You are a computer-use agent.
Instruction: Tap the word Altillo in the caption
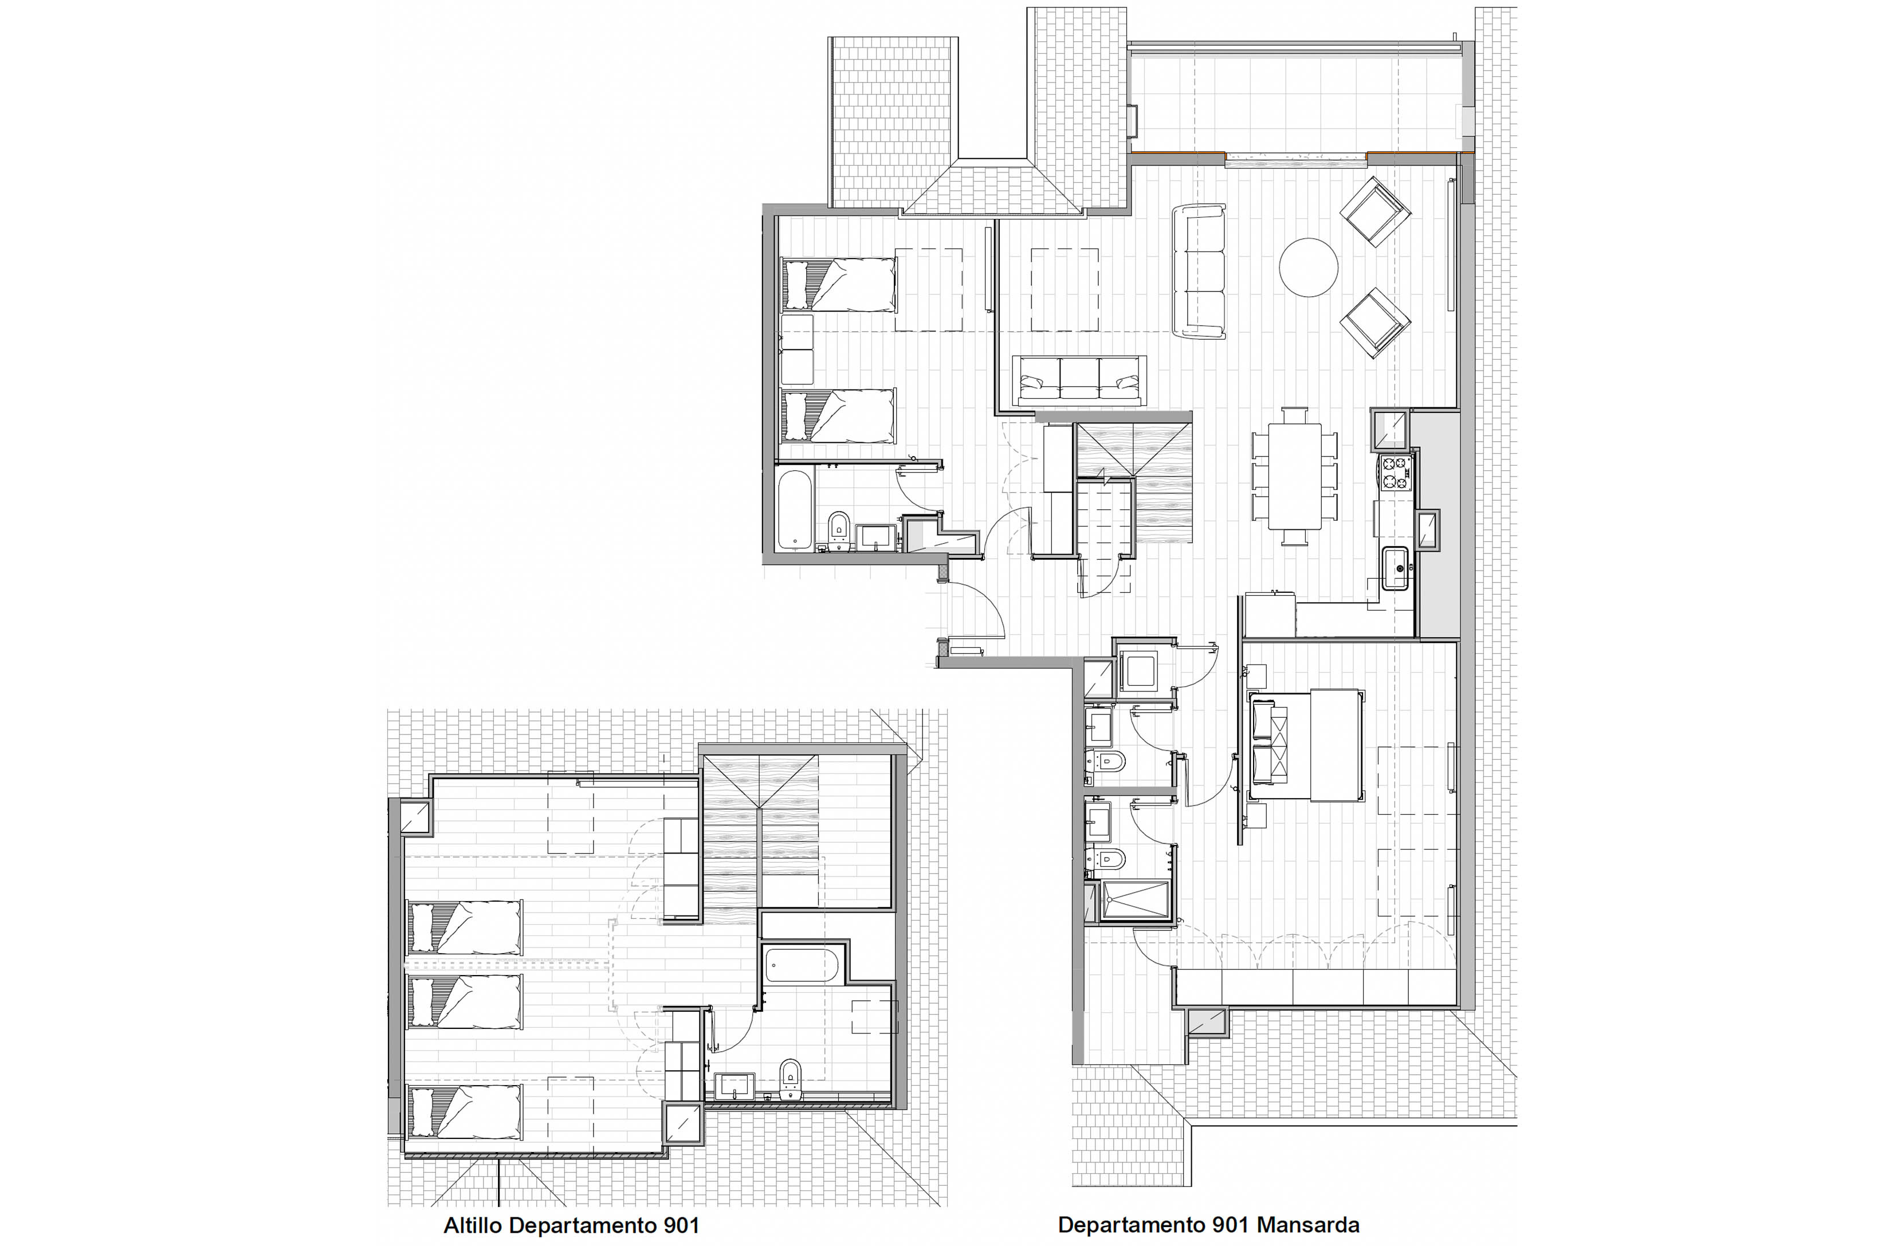click(473, 1225)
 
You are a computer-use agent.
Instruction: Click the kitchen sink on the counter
click(1395, 568)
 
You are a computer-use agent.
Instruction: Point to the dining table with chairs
click(1295, 476)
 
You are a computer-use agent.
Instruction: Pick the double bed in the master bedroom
click(1305, 745)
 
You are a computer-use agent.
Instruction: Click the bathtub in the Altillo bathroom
click(802, 965)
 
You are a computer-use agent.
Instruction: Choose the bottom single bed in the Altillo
click(465, 1111)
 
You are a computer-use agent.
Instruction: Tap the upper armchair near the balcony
click(1374, 211)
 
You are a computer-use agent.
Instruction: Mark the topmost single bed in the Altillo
click(465, 927)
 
